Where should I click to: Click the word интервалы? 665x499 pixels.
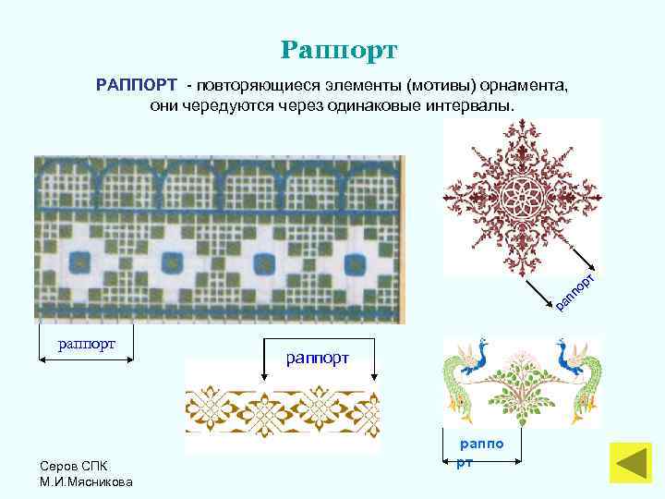click(x=471, y=106)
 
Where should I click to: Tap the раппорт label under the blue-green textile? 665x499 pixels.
click(x=86, y=344)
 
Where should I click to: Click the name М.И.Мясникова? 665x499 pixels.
click(x=86, y=481)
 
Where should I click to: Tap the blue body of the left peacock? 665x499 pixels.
click(x=477, y=363)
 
